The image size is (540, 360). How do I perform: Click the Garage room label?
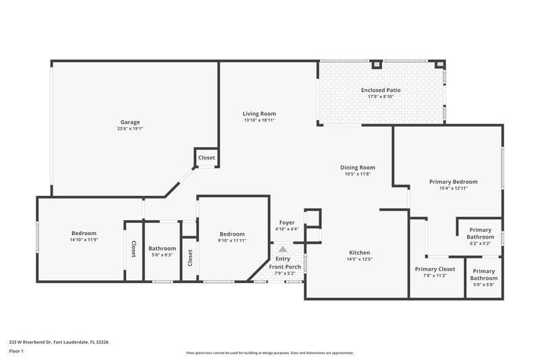[130, 122]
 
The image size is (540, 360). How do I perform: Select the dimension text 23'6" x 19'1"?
[130, 129]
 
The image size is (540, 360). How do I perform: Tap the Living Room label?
[259, 113]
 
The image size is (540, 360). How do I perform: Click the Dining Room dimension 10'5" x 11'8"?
[358, 174]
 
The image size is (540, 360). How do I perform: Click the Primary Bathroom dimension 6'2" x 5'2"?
[480, 243]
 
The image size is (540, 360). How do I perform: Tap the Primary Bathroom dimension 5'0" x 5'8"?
[483, 285]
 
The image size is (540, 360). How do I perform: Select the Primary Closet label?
[435, 269]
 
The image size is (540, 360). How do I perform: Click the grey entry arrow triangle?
[282, 249]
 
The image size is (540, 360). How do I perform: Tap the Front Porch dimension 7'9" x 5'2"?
[284, 274]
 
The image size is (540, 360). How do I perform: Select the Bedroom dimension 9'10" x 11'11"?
[231, 240]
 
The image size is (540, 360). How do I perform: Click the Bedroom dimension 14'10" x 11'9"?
[84, 240]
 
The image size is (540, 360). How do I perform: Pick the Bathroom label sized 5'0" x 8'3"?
[162, 248]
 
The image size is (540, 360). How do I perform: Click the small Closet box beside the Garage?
[207, 157]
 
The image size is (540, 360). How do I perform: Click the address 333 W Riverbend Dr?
[58, 342]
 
